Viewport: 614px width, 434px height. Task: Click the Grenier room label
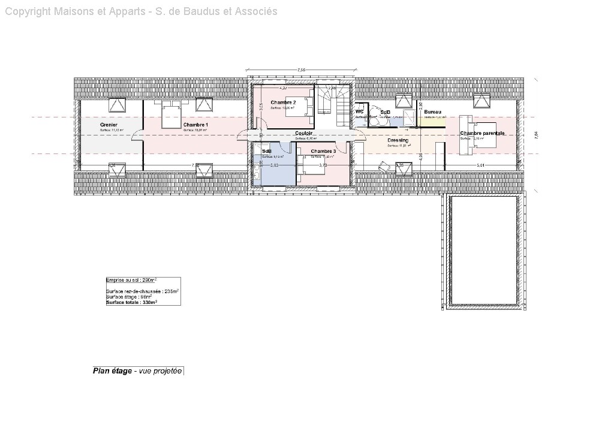109,125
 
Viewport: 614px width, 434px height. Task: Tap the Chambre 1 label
195,125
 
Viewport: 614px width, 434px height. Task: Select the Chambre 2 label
283,103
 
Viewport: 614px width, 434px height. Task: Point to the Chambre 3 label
323,151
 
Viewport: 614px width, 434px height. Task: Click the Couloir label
304,133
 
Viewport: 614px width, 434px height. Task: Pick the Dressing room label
398,140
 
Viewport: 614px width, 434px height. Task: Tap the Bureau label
432,113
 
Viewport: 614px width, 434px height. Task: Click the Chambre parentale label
482,133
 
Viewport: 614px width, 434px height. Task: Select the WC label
360,111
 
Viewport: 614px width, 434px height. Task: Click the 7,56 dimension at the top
302,70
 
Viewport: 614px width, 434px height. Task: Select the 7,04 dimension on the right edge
537,135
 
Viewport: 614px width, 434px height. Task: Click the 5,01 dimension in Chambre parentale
480,165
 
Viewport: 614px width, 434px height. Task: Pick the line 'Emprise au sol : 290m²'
131,280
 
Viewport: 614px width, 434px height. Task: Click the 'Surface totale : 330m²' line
131,303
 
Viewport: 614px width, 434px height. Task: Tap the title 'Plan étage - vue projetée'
137,371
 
